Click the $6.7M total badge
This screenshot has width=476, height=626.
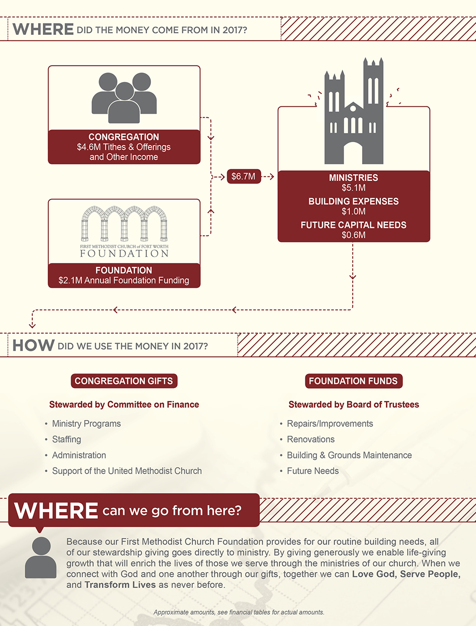click(x=244, y=176)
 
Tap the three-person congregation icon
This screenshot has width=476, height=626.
click(x=124, y=98)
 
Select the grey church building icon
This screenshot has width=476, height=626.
click(x=354, y=111)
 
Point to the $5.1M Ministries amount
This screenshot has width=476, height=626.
click(x=354, y=188)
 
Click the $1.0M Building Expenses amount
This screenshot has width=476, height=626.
click(x=354, y=211)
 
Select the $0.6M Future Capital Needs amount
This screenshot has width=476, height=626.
click(x=354, y=235)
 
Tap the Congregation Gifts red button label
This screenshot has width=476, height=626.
click(x=124, y=381)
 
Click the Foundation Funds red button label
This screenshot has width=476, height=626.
click(x=354, y=381)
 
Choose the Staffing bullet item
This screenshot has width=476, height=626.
click(x=67, y=439)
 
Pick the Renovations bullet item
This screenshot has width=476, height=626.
click(x=311, y=439)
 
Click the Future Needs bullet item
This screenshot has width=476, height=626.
click(x=313, y=471)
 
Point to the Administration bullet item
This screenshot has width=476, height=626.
click(x=79, y=455)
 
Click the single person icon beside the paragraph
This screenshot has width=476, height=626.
click(x=41, y=557)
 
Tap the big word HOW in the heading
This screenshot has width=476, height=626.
click(x=33, y=345)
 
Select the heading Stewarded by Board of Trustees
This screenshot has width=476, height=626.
click(x=354, y=404)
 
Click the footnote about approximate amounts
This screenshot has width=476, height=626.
click(x=239, y=612)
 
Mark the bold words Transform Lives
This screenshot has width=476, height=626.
click(x=120, y=585)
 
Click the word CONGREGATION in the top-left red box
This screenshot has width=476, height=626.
click(x=124, y=137)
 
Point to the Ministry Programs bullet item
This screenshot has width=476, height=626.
click(x=86, y=424)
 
